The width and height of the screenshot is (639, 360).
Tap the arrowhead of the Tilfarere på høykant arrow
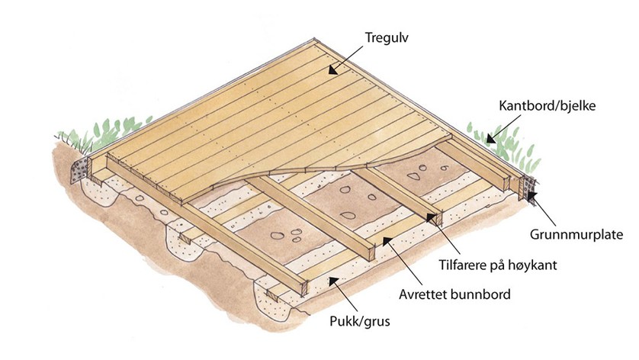click(x=434, y=217)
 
